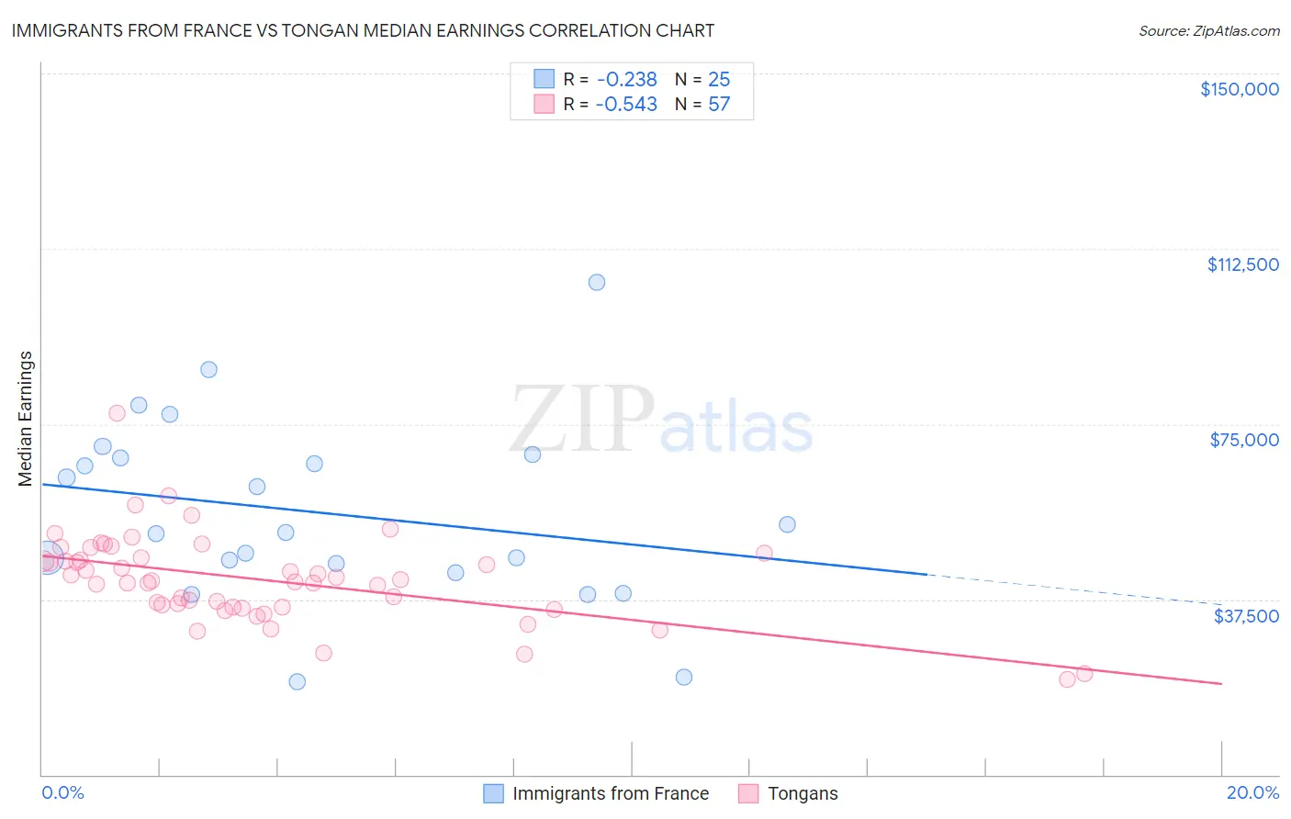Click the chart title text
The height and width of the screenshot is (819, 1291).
click(x=363, y=30)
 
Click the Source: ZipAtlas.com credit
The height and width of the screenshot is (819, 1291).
click(x=1208, y=31)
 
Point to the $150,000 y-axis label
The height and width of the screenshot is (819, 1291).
click(x=1239, y=89)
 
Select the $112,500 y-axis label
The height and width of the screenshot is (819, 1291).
click(x=1242, y=264)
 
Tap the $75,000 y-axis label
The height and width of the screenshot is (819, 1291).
click(x=1244, y=440)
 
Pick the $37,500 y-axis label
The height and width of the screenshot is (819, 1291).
click(x=1246, y=615)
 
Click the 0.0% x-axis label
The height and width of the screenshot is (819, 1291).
click(x=62, y=792)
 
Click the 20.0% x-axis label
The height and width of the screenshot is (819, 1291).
click(x=1252, y=792)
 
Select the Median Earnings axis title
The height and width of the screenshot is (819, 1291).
click(x=26, y=418)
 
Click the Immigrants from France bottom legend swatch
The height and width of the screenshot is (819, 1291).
click(x=494, y=793)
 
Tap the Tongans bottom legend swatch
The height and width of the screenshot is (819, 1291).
click(x=749, y=793)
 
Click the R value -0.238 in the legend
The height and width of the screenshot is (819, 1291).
click(x=626, y=80)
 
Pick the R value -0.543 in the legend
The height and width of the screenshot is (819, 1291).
click(x=626, y=105)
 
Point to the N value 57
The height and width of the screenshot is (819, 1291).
click(x=719, y=105)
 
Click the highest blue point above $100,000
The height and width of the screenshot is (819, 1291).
click(x=597, y=282)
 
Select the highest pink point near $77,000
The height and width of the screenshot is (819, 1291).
click(x=117, y=413)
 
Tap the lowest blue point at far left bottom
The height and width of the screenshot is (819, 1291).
click(x=297, y=681)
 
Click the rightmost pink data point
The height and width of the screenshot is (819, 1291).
click(x=1084, y=674)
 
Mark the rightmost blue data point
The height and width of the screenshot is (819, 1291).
click(x=787, y=524)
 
